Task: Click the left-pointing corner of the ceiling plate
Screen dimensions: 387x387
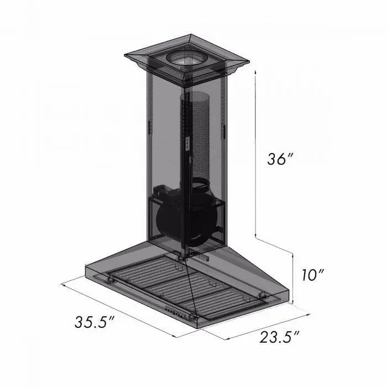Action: click(x=125, y=55)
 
